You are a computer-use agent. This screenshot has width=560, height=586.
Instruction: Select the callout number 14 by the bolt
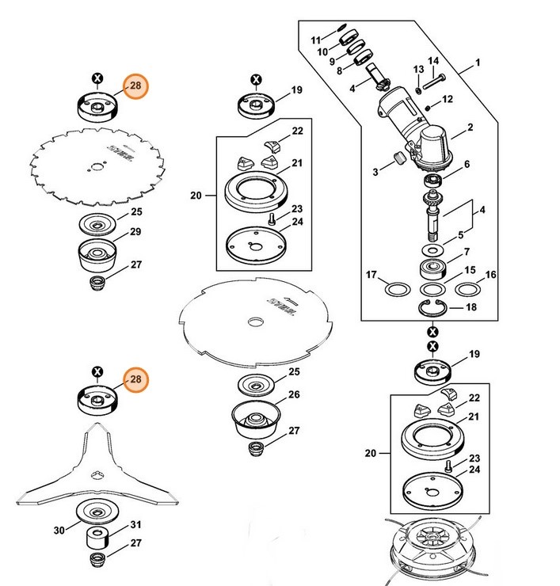point(433,61)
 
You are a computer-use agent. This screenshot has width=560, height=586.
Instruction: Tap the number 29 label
point(135,231)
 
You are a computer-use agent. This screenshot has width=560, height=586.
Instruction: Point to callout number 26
point(294,394)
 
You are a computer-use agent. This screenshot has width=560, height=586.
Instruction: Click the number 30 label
point(59,531)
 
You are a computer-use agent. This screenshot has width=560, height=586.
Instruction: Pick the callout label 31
point(135,524)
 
